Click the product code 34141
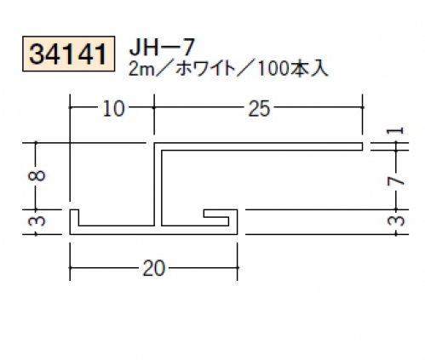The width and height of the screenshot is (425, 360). (68, 54)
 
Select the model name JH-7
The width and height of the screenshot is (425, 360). (162, 48)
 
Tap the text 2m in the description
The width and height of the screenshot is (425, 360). (141, 70)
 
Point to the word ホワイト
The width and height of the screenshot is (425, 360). (204, 70)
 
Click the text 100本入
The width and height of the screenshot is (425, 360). (293, 70)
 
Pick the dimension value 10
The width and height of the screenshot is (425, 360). (113, 109)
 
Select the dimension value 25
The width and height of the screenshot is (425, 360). (259, 109)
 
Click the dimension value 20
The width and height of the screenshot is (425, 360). (153, 268)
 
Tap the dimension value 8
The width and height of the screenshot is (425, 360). (37, 175)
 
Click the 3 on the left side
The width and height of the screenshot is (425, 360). (37, 220)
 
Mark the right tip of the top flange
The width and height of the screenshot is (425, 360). (363, 146)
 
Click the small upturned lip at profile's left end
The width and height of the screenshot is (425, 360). (74, 218)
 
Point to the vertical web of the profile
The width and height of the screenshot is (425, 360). (158, 185)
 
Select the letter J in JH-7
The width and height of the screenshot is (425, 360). (135, 48)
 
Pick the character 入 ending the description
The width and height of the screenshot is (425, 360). (320, 70)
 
